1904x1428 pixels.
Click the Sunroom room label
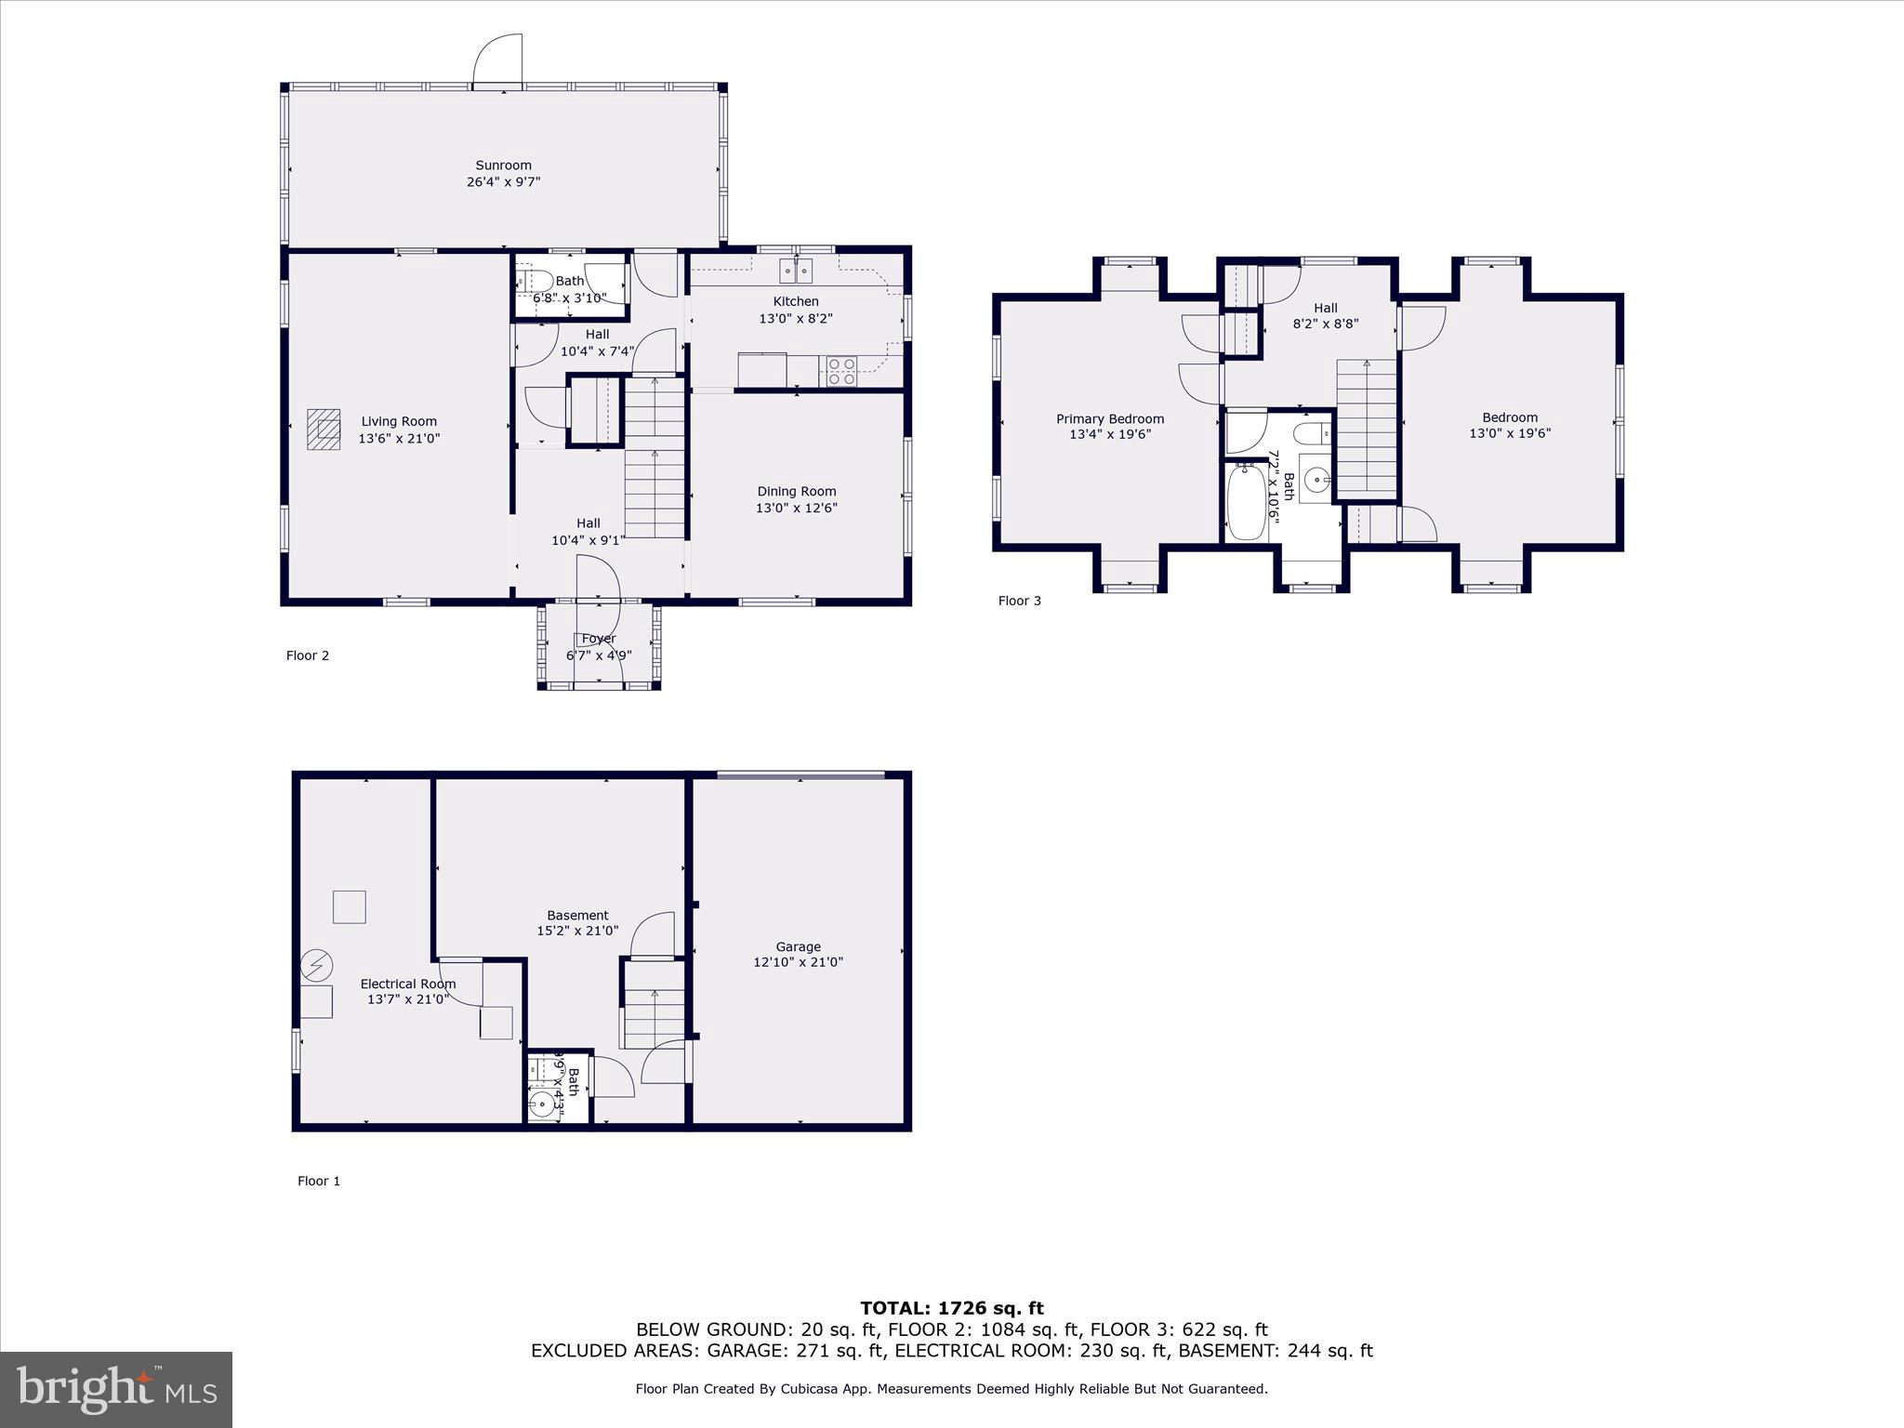tap(503, 165)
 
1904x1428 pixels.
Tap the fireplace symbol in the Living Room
tap(324, 429)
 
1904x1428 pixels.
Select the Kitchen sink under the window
tap(796, 271)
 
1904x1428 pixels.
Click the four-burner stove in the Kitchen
tap(841, 371)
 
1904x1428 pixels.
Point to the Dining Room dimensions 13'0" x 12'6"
tap(796, 508)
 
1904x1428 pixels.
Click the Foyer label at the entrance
tap(598, 639)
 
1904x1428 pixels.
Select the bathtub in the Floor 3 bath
tap(1246, 502)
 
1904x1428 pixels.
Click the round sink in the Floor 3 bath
tap(1316, 481)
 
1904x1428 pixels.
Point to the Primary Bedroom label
tap(1109, 418)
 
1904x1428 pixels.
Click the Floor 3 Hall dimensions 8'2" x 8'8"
tap(1325, 324)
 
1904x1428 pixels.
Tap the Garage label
tap(798, 946)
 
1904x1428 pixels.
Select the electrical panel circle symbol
tap(316, 965)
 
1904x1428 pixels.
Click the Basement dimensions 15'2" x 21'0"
tap(576, 931)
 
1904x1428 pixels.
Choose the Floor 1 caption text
tap(319, 1181)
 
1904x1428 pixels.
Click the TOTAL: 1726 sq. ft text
tap(951, 1308)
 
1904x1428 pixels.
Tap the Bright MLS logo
tap(116, 1390)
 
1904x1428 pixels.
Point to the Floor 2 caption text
tap(308, 655)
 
